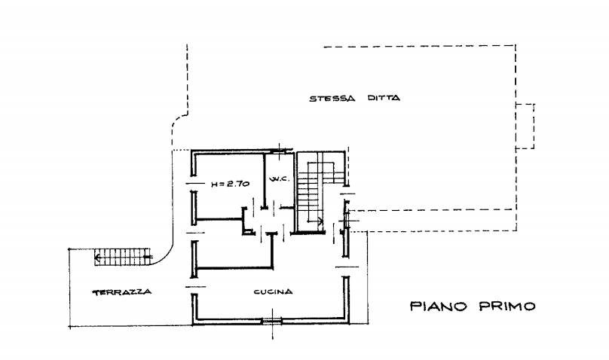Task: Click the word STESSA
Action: pos(332,99)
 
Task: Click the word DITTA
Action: pos(384,98)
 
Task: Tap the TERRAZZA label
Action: pos(122,292)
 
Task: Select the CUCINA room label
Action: pos(273,291)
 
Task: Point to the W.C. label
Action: pos(280,179)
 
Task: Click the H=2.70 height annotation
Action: pos(230,185)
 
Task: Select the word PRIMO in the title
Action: pos(507,307)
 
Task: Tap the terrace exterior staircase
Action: pos(123,257)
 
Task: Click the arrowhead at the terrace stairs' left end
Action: pos(97,257)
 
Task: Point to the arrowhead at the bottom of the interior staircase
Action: pos(320,222)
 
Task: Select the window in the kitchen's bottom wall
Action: pos(272,321)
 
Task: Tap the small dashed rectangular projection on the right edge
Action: pos(525,126)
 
